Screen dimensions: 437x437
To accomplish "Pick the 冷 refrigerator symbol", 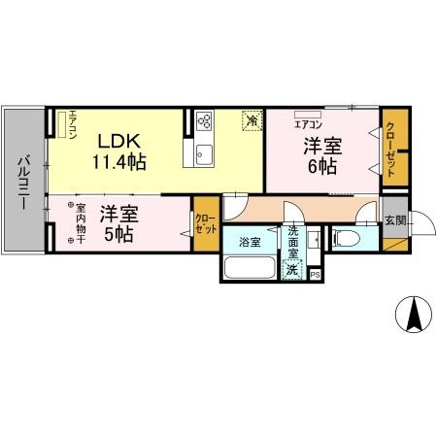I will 252,121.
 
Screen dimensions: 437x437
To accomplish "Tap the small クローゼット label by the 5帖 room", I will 205,223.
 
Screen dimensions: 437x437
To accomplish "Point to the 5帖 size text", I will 119,234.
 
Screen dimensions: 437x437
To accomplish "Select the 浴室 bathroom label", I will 250,241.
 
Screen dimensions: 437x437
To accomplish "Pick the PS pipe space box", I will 316,275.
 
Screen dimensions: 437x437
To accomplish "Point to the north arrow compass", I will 411,314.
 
